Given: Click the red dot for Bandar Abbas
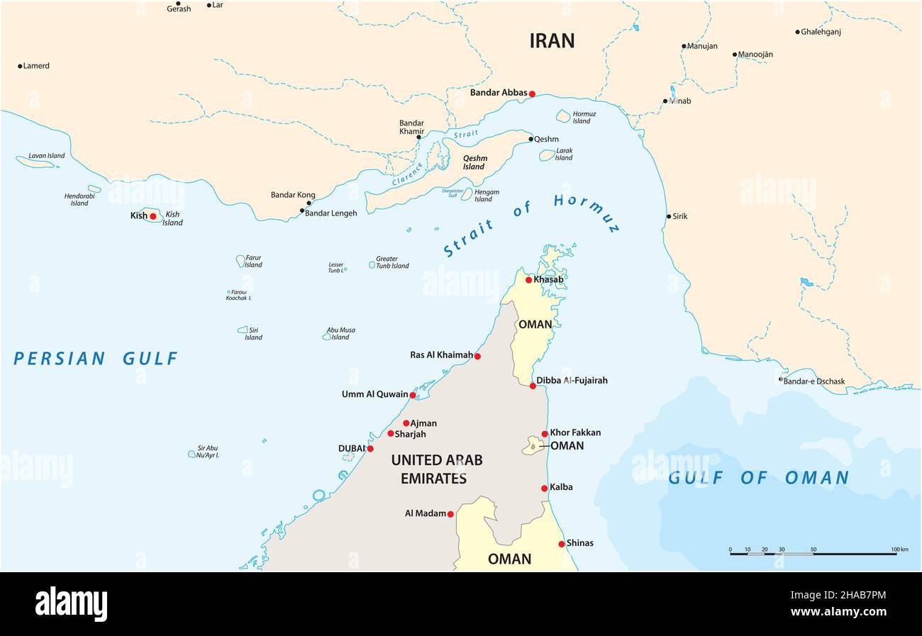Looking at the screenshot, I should pos(532,94).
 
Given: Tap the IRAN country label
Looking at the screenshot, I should pos(552,41).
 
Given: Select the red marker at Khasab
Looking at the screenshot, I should pos(528,280).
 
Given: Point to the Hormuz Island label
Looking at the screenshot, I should pos(584,118).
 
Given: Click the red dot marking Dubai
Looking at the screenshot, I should pos(370,448).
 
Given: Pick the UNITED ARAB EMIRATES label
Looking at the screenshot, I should pos(436,469).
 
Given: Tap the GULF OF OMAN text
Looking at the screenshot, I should pos(758,478).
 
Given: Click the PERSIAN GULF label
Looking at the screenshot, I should pos(96,359).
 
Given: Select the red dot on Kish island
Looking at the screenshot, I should pos(152,216).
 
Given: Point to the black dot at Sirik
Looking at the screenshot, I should pos(668,216).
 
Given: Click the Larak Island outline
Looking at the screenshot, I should pos(547,155).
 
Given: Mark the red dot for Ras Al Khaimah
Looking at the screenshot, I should pos(477,356).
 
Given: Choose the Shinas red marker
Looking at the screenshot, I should pos(561,544).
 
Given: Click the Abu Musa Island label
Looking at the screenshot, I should pos(340,333).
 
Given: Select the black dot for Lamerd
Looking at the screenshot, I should pos(20,66).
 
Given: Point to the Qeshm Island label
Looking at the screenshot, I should pos(473,163).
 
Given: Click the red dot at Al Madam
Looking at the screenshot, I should pos(450,514).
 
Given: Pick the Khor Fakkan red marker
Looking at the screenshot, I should pos(545,434).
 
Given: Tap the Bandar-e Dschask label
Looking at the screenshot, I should pos(814,381).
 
